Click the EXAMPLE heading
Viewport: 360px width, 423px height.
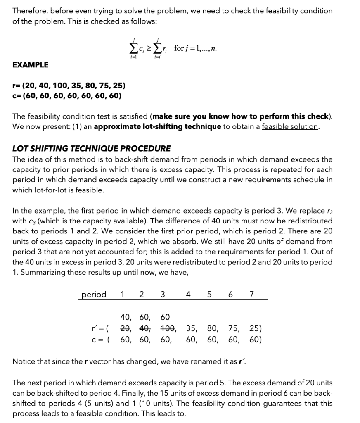click(x=30, y=65)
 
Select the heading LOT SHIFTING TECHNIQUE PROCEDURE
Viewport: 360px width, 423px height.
click(x=91, y=148)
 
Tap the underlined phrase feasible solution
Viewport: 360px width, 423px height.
click(x=290, y=126)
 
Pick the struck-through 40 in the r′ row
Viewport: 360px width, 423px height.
click(x=144, y=329)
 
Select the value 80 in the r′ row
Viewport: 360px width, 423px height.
click(x=213, y=329)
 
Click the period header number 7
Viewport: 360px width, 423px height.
click(x=252, y=294)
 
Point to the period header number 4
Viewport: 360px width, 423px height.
click(x=188, y=294)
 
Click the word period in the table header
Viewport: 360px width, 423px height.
click(x=94, y=294)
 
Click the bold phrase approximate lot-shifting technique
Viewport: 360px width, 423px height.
click(x=157, y=126)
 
